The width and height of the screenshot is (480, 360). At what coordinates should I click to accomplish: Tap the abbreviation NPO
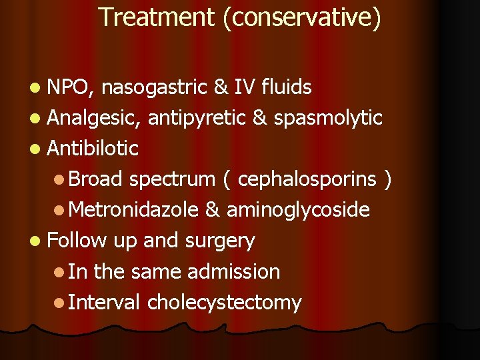73,87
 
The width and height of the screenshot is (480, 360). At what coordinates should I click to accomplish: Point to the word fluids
287,87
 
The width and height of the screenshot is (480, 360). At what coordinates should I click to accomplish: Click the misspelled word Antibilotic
93,149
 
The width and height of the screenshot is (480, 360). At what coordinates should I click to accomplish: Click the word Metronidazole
133,210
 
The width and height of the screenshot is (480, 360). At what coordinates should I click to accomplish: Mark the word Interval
104,303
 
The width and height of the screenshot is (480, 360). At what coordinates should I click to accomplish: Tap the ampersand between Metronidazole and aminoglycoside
213,210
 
